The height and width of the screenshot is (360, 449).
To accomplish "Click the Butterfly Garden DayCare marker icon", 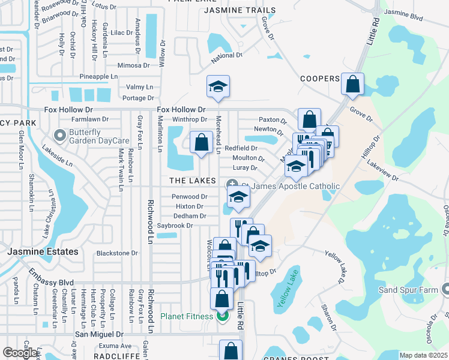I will (x=59, y=134).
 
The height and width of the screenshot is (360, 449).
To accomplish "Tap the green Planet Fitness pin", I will (x=223, y=316).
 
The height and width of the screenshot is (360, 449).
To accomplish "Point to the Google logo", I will (x=20, y=353).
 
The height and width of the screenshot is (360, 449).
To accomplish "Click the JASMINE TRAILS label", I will (x=240, y=10).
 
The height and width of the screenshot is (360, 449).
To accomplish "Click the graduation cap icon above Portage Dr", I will (x=218, y=87).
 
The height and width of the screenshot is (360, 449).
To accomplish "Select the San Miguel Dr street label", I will (x=98, y=334).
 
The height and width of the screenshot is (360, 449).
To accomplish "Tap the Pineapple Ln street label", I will (x=98, y=77).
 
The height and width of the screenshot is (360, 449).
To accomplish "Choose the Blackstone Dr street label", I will (x=117, y=253).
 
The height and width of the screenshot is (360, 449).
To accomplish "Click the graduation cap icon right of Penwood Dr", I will (x=238, y=197).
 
